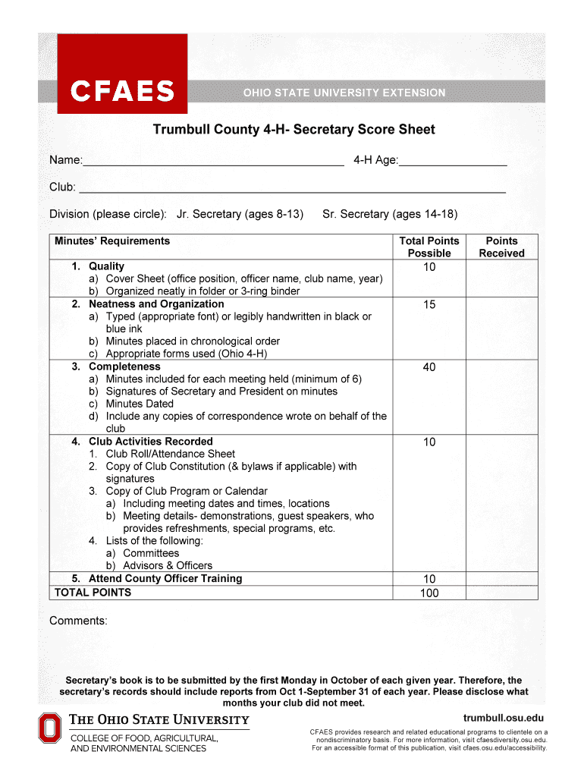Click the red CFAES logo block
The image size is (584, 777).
(x=122, y=74)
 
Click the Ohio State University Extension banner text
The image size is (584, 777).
(x=344, y=93)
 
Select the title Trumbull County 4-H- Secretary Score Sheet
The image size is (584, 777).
(x=294, y=130)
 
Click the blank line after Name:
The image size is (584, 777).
(x=212, y=161)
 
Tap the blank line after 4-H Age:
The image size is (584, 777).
(x=453, y=161)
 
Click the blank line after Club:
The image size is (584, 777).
(x=292, y=188)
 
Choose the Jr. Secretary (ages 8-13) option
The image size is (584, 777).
(x=240, y=214)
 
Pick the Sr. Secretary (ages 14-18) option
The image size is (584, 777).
(x=390, y=214)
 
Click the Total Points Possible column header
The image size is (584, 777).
(x=429, y=247)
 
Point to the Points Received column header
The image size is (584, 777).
(x=501, y=247)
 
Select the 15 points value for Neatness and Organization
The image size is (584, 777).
(x=429, y=305)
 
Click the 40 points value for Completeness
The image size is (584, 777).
(x=429, y=367)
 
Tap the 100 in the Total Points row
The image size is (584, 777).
(x=429, y=593)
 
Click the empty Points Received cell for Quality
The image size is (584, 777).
(x=501, y=278)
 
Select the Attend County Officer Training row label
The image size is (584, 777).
(x=165, y=578)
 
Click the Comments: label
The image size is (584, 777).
(x=78, y=621)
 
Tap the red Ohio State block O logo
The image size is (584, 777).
(x=49, y=729)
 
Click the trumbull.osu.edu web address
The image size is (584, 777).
(x=503, y=719)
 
